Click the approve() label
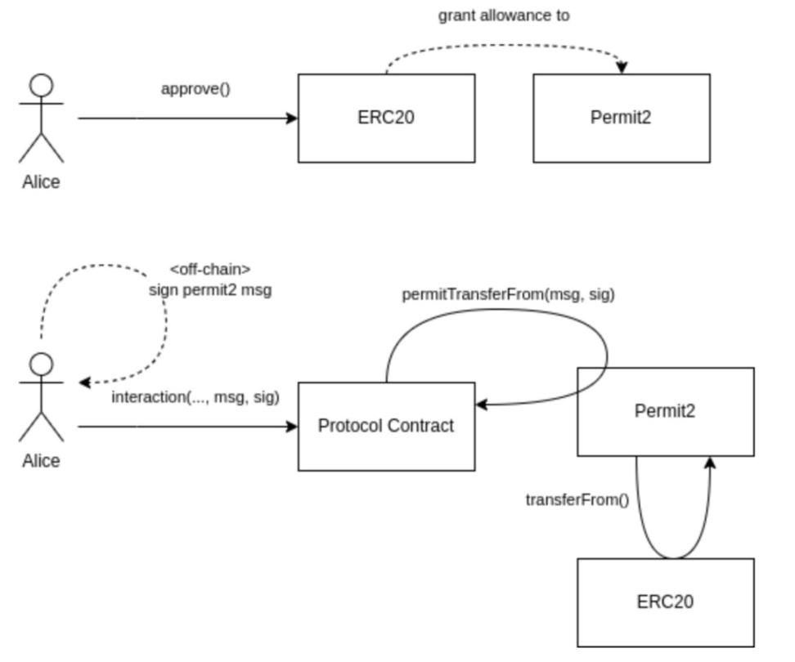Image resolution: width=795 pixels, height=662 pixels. coord(195,88)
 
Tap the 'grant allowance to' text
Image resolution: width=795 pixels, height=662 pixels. coord(504,16)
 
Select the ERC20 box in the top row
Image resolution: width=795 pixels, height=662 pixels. coord(386,118)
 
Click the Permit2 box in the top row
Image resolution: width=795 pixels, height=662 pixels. coord(622,118)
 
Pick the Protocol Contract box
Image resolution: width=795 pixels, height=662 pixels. coord(386,426)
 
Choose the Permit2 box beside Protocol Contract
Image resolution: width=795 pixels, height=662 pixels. coord(665,411)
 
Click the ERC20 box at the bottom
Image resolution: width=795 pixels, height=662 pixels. coord(665,602)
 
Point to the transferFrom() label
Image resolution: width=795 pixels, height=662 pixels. coord(577,499)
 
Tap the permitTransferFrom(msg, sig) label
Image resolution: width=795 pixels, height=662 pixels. coord(508,295)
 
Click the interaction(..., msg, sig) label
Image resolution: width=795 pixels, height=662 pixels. coord(195,397)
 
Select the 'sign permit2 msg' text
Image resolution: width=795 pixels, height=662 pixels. coord(209,289)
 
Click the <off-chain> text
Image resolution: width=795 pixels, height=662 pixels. coord(209,270)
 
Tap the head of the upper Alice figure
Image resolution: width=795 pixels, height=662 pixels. coord(41,85)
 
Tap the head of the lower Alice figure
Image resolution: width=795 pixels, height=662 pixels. coord(41,364)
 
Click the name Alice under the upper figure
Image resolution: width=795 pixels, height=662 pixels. coord(41,181)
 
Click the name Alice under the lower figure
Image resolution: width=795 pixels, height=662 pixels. coord(41,461)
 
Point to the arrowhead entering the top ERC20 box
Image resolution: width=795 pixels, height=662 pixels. coord(293,119)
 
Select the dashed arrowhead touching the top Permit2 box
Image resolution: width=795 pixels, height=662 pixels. coord(622,69)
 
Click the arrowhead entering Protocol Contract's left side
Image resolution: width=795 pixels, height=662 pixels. coord(293,427)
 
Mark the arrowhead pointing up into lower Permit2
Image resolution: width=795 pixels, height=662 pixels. coord(710,462)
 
